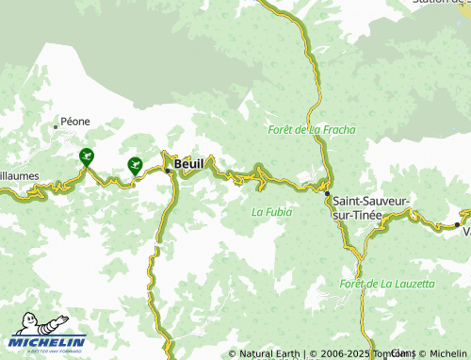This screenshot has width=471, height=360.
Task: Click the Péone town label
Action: coord(75,123)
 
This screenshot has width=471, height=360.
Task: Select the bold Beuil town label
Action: coord(188,164)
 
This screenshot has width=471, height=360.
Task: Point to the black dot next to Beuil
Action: coord(168,170)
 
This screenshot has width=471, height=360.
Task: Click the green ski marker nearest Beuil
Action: coord(135,165)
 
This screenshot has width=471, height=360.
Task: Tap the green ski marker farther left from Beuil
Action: coord(87,156)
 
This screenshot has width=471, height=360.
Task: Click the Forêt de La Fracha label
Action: coord(312,129)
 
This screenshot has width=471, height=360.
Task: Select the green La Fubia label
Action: coord(272,212)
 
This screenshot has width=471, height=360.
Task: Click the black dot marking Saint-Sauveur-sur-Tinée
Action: coord(328,194)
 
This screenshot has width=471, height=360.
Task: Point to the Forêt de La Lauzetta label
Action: coord(388,284)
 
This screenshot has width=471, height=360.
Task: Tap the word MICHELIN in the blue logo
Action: coord(49,341)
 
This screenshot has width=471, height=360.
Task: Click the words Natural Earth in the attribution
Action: coord(269,354)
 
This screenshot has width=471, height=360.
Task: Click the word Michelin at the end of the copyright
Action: coord(447,354)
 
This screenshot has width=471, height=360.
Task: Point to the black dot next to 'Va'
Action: coord(457,224)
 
